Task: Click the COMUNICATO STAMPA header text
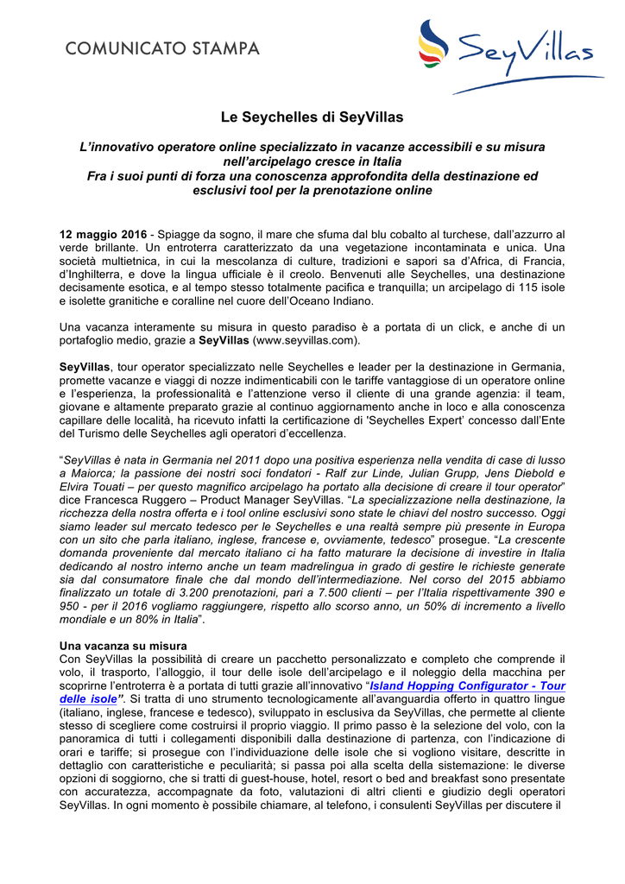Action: [x=162, y=48]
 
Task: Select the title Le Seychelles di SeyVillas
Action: [x=312, y=117]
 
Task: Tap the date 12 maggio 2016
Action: [x=103, y=234]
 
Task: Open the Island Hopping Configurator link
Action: [x=467, y=685]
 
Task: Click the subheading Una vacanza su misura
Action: [x=122, y=646]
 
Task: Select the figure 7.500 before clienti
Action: [x=343, y=594]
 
